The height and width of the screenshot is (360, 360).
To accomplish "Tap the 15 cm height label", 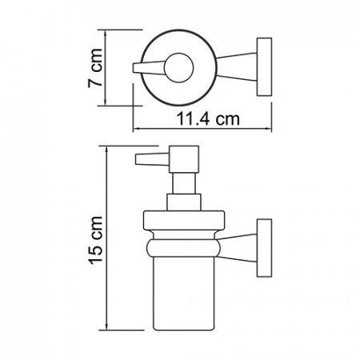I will click(95, 238).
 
